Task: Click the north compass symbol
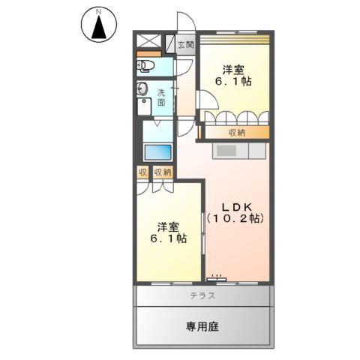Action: click(x=97, y=25)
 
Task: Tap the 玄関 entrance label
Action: click(x=185, y=46)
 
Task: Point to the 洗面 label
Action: click(x=161, y=97)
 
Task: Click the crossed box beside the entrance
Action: click(x=148, y=43)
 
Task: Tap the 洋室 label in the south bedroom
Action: click(x=168, y=226)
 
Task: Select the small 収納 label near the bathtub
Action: click(x=163, y=172)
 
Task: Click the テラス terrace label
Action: click(x=202, y=295)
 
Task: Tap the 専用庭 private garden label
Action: click(x=202, y=326)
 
